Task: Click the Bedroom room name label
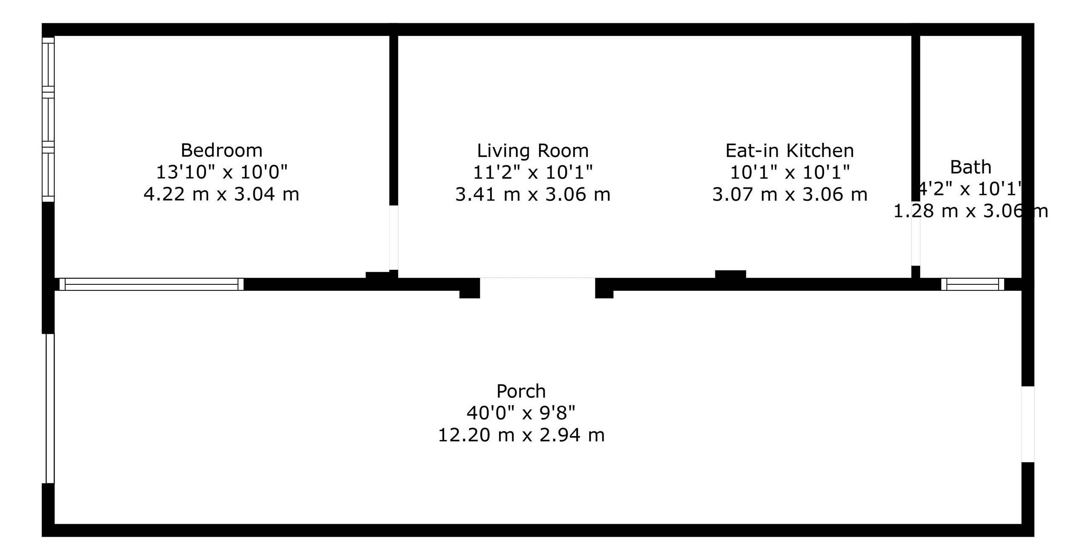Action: pyautogui.click(x=221, y=150)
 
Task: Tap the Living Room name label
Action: pyautogui.click(x=533, y=150)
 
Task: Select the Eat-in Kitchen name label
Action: pyautogui.click(x=790, y=150)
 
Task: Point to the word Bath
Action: pyautogui.click(x=970, y=167)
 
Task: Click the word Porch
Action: pyautogui.click(x=521, y=391)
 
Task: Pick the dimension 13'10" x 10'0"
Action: pyautogui.click(x=221, y=172)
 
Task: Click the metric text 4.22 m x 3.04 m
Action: pyautogui.click(x=221, y=194)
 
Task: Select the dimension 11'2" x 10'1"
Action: pyautogui.click(x=533, y=172)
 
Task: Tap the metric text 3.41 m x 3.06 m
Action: pyautogui.click(x=533, y=194)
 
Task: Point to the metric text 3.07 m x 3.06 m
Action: pyautogui.click(x=790, y=194)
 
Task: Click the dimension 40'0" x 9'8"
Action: pyautogui.click(x=521, y=413)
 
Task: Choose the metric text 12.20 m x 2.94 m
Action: pyautogui.click(x=521, y=435)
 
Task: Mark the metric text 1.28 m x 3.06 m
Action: pyautogui.click(x=970, y=211)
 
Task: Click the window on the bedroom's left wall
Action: pyautogui.click(x=48, y=119)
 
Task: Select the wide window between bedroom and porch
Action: pyautogui.click(x=151, y=284)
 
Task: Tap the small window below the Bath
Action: pyautogui.click(x=973, y=284)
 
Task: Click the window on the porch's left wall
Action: pyautogui.click(x=50, y=408)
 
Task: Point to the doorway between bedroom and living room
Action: pyautogui.click(x=394, y=237)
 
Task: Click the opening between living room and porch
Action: pyautogui.click(x=537, y=284)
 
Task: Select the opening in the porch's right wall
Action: pyautogui.click(x=1028, y=424)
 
